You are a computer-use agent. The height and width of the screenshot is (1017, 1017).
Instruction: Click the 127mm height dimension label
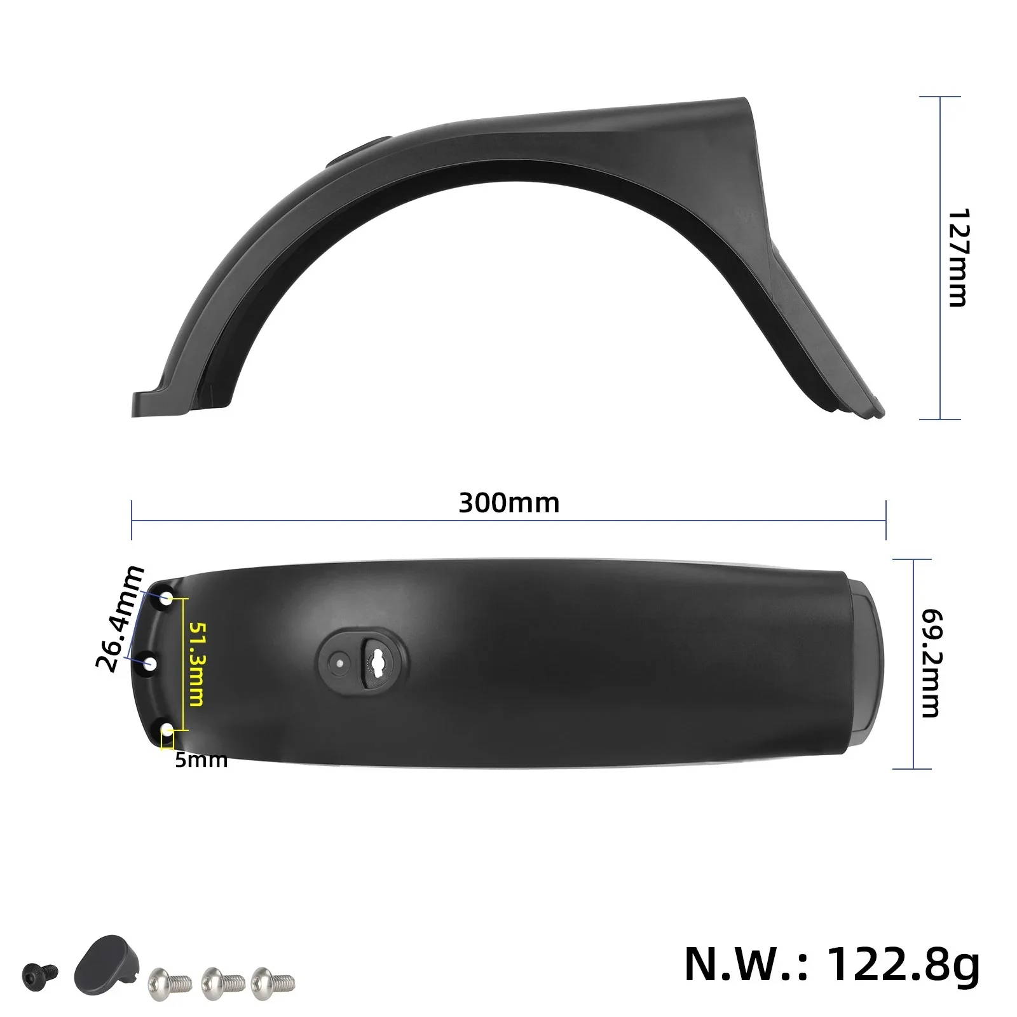pyautogui.click(x=957, y=257)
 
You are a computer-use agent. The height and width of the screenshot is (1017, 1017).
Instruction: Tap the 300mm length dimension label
pyautogui.click(x=508, y=503)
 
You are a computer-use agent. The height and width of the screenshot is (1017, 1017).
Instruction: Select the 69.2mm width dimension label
pyautogui.click(x=932, y=664)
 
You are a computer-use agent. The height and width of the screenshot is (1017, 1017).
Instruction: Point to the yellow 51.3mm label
pyautogui.click(x=196, y=664)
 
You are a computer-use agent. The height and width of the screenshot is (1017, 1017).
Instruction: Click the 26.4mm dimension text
pyautogui.click(x=119, y=618)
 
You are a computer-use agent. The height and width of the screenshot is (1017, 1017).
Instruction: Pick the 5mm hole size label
pyautogui.click(x=201, y=760)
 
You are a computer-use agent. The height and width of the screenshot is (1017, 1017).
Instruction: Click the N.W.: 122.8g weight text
pyautogui.click(x=831, y=964)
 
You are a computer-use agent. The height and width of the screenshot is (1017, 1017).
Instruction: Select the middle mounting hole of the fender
pyautogui.click(x=151, y=665)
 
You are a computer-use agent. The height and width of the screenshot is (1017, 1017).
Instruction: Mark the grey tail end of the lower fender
pyautogui.click(x=866, y=664)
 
